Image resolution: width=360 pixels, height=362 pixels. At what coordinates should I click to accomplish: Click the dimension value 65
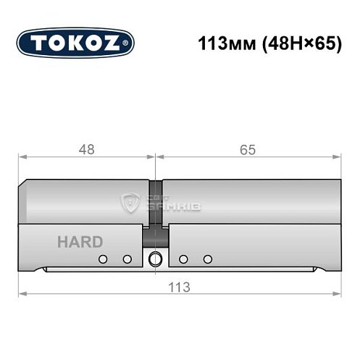coord(247,150)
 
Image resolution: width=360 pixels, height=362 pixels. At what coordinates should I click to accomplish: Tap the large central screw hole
coord(155,259)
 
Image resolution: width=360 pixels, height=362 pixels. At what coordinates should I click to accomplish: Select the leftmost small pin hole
coord(103,259)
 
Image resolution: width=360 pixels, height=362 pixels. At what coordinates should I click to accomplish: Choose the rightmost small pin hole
coord(208,259)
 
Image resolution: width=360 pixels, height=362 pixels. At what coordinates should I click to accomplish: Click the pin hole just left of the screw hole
coord(127,259)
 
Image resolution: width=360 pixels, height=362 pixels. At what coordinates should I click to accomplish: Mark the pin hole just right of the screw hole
coord(183,259)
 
